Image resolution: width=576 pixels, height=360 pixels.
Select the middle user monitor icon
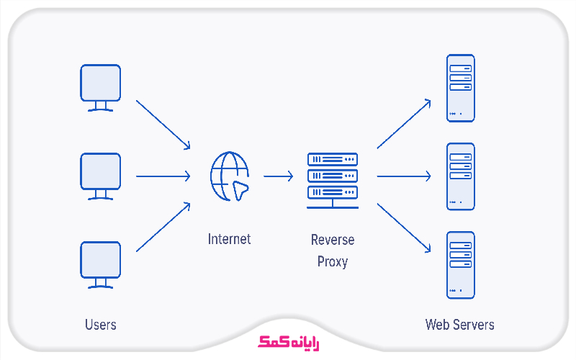(x=100, y=175)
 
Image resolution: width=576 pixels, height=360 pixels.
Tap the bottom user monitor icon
(x=100, y=263)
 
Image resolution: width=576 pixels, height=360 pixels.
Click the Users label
(x=100, y=325)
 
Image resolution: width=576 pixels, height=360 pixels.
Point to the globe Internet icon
(x=230, y=176)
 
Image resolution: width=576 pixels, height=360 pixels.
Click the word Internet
(x=229, y=238)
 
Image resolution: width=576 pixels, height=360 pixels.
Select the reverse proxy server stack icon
(x=332, y=179)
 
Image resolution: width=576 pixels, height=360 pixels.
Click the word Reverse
(x=332, y=239)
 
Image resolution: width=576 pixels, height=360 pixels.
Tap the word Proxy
(x=332, y=261)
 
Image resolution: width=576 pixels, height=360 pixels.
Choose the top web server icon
(x=461, y=88)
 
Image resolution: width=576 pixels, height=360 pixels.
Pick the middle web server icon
(x=461, y=176)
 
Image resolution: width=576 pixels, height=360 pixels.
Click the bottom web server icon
(x=461, y=264)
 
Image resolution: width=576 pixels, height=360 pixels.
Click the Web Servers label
(x=459, y=325)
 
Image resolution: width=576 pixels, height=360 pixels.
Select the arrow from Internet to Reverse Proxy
(x=278, y=176)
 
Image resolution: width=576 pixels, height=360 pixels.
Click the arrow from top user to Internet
(x=163, y=125)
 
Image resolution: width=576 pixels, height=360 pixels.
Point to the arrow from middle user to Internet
(x=163, y=176)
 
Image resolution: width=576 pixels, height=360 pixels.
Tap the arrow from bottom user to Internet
(x=163, y=227)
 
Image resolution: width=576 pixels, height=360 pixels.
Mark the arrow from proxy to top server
(x=404, y=124)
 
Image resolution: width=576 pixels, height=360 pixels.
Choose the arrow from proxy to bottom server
(x=404, y=228)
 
